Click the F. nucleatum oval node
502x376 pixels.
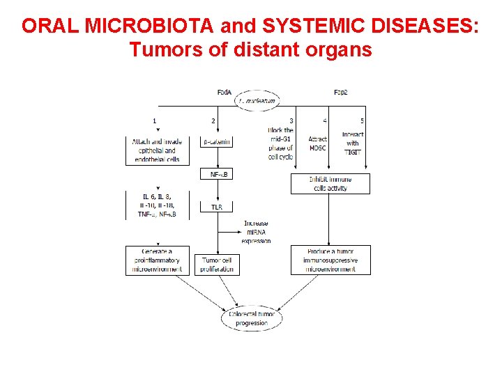point(257,101)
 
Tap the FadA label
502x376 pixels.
point(225,92)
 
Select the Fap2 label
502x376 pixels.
point(341,92)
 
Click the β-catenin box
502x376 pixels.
point(216,142)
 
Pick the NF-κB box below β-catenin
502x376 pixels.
point(216,174)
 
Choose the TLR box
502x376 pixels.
point(216,207)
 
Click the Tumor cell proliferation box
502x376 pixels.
point(217,265)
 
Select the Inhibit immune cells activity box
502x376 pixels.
point(330,184)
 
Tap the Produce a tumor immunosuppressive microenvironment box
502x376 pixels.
point(330,260)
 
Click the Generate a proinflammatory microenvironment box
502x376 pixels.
point(156,260)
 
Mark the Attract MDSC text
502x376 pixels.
point(317,143)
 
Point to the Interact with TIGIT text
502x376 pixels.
point(353,143)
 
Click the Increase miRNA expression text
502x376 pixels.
point(256,232)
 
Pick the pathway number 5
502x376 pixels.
point(362,121)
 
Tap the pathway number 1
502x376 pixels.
point(154,121)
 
